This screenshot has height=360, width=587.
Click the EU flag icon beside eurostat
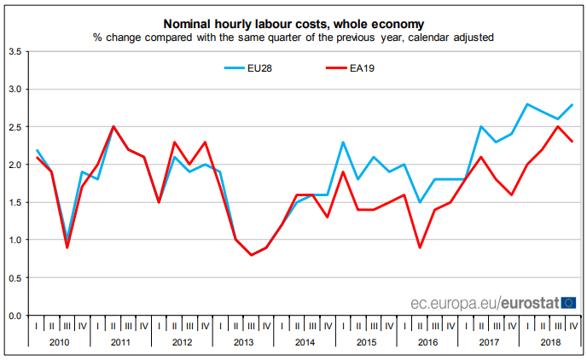568,302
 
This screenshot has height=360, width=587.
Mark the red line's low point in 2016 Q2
420,247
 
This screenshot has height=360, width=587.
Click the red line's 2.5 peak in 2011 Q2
113,127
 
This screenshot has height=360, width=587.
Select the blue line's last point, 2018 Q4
572,105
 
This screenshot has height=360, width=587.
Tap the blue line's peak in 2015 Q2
343,142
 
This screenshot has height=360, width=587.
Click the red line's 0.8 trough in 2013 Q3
251,255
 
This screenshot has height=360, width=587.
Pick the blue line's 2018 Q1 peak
526,104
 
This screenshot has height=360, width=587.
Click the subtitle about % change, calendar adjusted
293,38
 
